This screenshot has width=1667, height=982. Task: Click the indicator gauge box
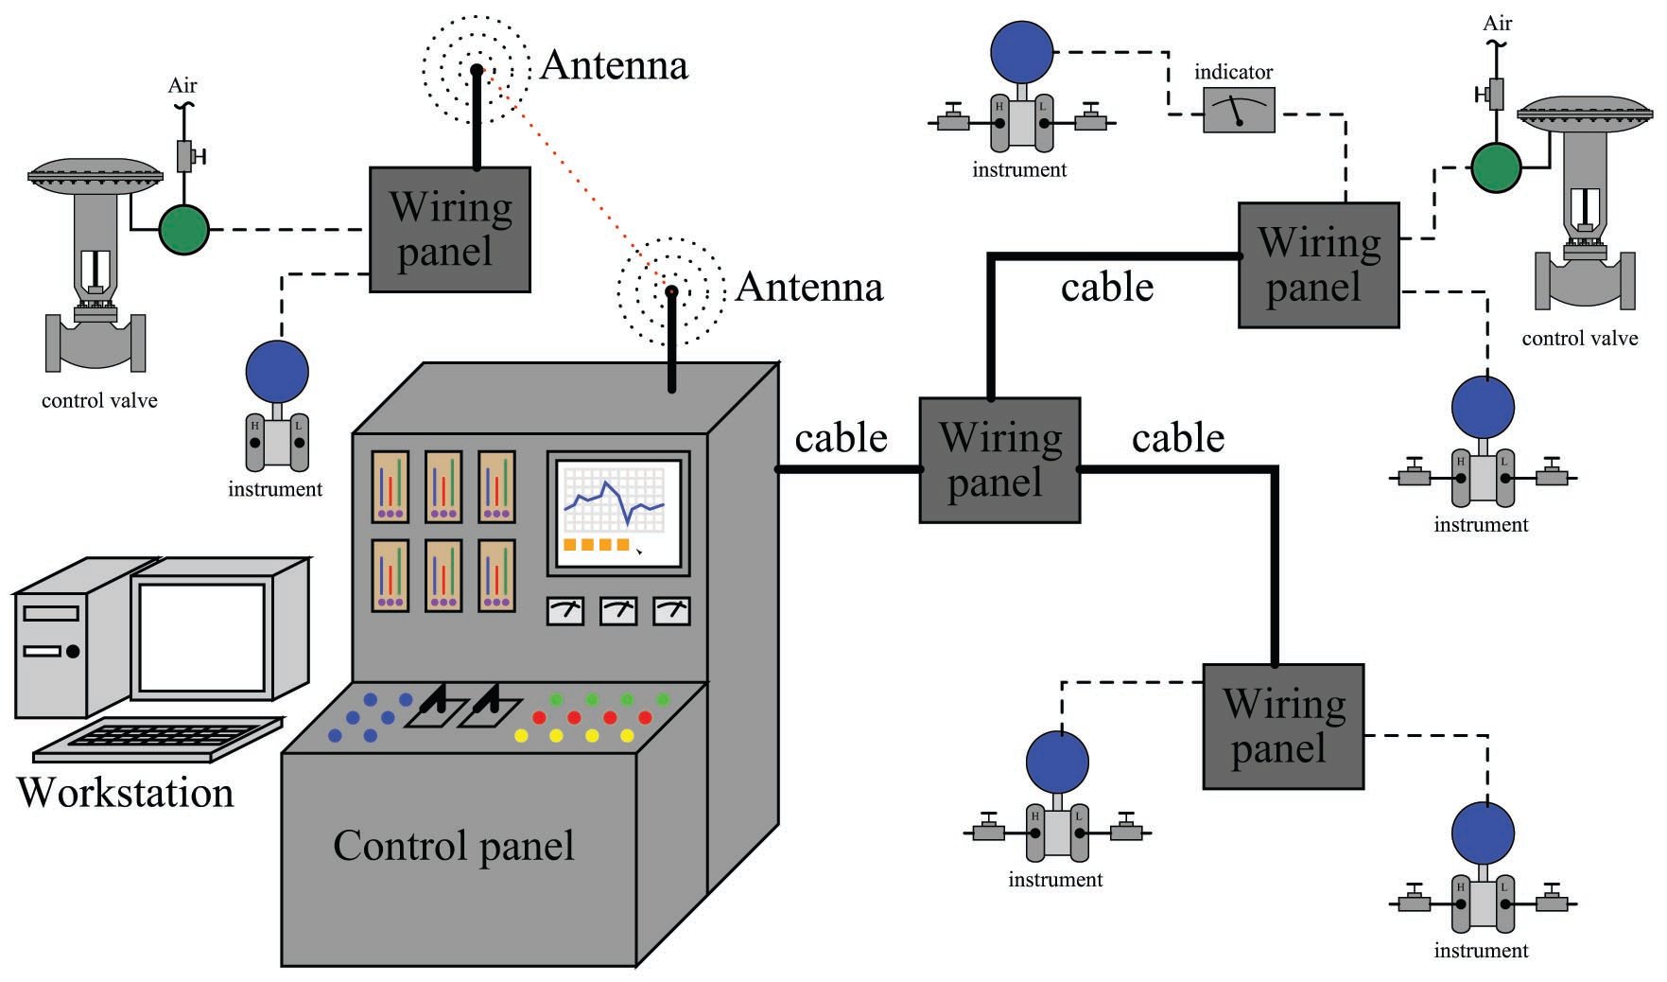click(x=1238, y=110)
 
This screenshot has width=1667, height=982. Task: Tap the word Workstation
click(x=125, y=793)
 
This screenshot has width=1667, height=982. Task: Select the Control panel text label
click(x=453, y=846)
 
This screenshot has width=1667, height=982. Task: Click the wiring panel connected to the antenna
click(x=449, y=230)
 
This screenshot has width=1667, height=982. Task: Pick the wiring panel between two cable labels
click(x=999, y=461)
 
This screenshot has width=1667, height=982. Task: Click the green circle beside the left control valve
click(x=183, y=229)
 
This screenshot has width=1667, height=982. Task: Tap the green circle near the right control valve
click(x=1495, y=167)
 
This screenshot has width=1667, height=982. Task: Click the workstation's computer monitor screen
click(x=202, y=638)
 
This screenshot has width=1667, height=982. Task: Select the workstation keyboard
click(x=159, y=739)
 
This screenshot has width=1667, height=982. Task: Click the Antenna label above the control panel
click(x=808, y=287)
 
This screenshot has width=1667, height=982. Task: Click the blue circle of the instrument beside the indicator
click(x=1021, y=52)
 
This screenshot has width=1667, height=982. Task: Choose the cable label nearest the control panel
click(x=841, y=438)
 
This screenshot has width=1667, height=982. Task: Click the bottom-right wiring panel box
click(x=1282, y=727)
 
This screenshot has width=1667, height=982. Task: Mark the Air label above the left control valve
click(x=182, y=86)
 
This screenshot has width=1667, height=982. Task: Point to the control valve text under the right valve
click(x=1579, y=339)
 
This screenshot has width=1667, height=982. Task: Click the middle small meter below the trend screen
click(x=618, y=611)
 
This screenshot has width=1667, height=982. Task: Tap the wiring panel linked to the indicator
click(x=1318, y=265)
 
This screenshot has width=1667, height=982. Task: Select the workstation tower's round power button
click(x=72, y=651)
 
